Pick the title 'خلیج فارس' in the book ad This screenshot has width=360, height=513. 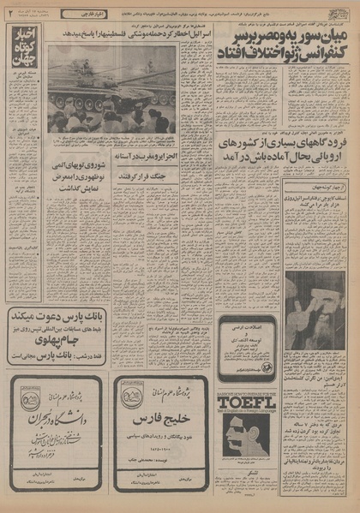click(x=159, y=422)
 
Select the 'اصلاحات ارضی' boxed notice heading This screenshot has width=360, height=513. click(x=249, y=328)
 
